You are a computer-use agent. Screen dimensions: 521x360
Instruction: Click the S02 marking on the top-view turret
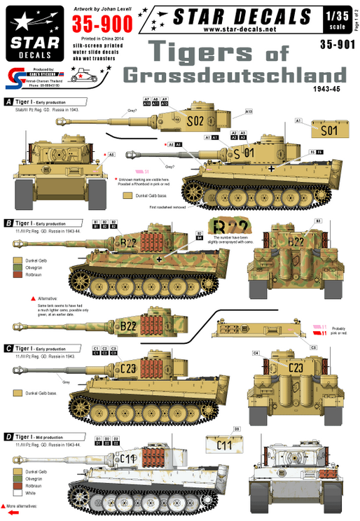(197, 120)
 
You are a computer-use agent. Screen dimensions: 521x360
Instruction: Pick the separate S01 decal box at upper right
(327, 130)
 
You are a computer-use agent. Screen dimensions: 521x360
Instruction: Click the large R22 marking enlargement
(229, 226)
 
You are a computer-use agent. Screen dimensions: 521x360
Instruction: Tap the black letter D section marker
(8, 436)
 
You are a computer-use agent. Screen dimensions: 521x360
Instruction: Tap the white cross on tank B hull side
(160, 259)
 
